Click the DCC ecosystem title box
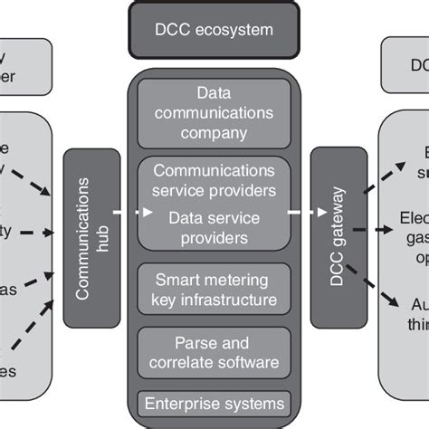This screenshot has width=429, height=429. (x=214, y=31)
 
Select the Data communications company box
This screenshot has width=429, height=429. (x=214, y=113)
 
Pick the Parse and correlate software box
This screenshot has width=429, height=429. (x=214, y=354)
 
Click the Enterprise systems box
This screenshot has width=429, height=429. (x=214, y=404)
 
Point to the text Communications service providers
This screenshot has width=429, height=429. (x=214, y=180)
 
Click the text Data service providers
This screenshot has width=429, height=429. (x=214, y=228)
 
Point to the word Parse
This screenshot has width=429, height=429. (x=194, y=344)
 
